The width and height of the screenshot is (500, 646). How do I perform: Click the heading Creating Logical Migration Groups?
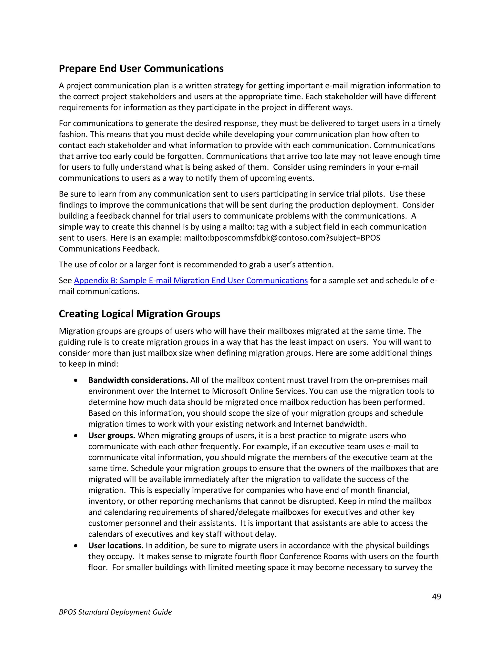[x=139, y=314]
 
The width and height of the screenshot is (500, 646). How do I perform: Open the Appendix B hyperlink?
[x=191, y=280]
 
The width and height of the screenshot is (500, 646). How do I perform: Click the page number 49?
[x=436, y=597]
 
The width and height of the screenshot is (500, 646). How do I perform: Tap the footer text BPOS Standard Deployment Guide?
[x=115, y=612]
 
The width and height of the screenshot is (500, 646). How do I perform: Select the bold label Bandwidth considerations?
[x=138, y=380]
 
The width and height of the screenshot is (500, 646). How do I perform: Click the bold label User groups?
[x=112, y=435]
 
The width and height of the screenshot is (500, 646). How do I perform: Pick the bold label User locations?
[x=115, y=545]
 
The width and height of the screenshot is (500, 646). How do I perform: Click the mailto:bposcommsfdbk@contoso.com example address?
[x=254, y=238]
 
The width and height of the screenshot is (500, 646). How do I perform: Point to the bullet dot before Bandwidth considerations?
[x=76, y=380]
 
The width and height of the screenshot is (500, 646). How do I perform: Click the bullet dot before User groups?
[x=76, y=436]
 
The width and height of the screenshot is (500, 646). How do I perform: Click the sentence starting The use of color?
[x=196, y=264]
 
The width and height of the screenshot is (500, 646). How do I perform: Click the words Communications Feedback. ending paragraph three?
[x=109, y=249]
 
